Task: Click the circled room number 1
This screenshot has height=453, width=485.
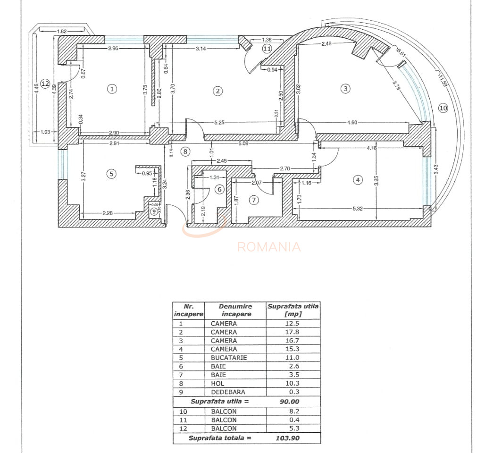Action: (112, 89)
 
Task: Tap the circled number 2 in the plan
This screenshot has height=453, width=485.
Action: (217, 91)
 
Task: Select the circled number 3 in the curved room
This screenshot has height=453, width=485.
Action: (346, 88)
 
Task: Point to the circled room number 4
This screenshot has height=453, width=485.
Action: (358, 179)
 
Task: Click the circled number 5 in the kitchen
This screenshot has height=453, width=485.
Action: (111, 174)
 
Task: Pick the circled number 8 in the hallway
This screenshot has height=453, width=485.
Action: (185, 151)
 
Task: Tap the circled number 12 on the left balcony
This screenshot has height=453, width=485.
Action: (45, 84)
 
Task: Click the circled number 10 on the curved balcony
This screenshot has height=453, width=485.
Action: (443, 108)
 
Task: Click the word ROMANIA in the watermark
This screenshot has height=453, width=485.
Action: (269, 247)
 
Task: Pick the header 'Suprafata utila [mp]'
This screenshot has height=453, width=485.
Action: (293, 310)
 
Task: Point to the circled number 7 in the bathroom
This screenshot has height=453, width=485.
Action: (254, 200)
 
